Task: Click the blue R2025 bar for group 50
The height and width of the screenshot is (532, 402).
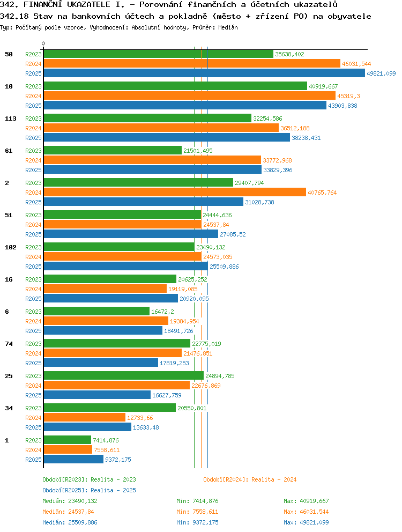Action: [205, 73]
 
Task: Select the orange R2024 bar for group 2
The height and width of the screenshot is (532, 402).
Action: [175, 193]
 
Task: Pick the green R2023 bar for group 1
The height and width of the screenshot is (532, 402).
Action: [68, 440]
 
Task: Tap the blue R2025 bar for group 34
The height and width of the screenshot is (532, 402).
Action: [87, 427]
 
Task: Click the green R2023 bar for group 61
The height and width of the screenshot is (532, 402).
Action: [113, 150]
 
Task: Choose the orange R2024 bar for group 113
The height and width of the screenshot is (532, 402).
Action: [161, 128]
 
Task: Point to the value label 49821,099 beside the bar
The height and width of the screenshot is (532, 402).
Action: [381, 73]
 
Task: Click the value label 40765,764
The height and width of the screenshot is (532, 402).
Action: [322, 193]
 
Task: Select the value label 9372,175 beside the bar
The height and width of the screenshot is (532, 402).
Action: [118, 460]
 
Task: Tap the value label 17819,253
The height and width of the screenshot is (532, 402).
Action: [174, 363]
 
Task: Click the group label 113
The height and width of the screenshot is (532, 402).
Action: [11, 119]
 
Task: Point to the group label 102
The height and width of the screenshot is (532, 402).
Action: [11, 247]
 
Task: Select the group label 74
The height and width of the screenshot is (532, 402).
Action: [9, 344]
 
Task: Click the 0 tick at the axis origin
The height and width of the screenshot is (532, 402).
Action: [43, 44]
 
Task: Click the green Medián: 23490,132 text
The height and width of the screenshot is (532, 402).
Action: [70, 501]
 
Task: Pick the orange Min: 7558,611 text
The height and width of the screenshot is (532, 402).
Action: [197, 512]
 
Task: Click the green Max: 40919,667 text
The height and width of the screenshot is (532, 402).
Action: [306, 501]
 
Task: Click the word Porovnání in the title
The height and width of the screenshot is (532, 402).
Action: [161, 4]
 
